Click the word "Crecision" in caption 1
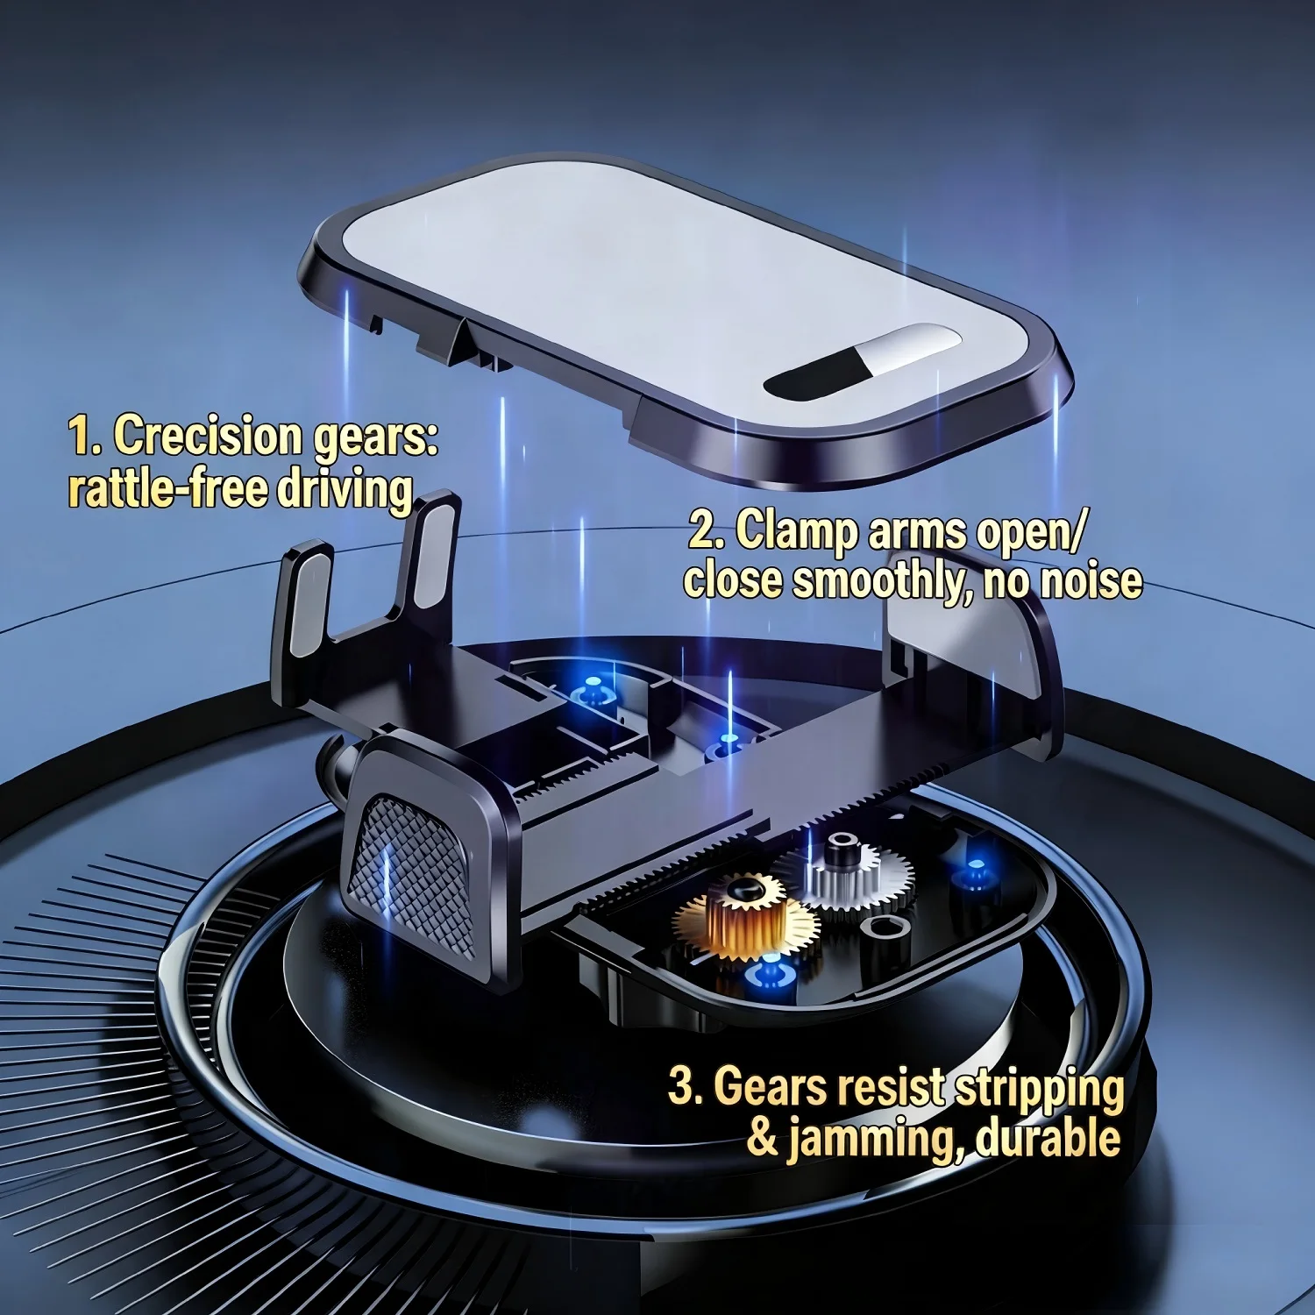[x=208, y=436]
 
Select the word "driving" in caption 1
[x=345, y=490]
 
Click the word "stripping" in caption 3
[x=1039, y=1090]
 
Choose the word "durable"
[x=1048, y=1138]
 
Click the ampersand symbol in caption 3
[x=763, y=1137]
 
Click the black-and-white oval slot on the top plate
[x=862, y=361]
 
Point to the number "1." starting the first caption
[x=85, y=436]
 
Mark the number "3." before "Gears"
[x=686, y=1086]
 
